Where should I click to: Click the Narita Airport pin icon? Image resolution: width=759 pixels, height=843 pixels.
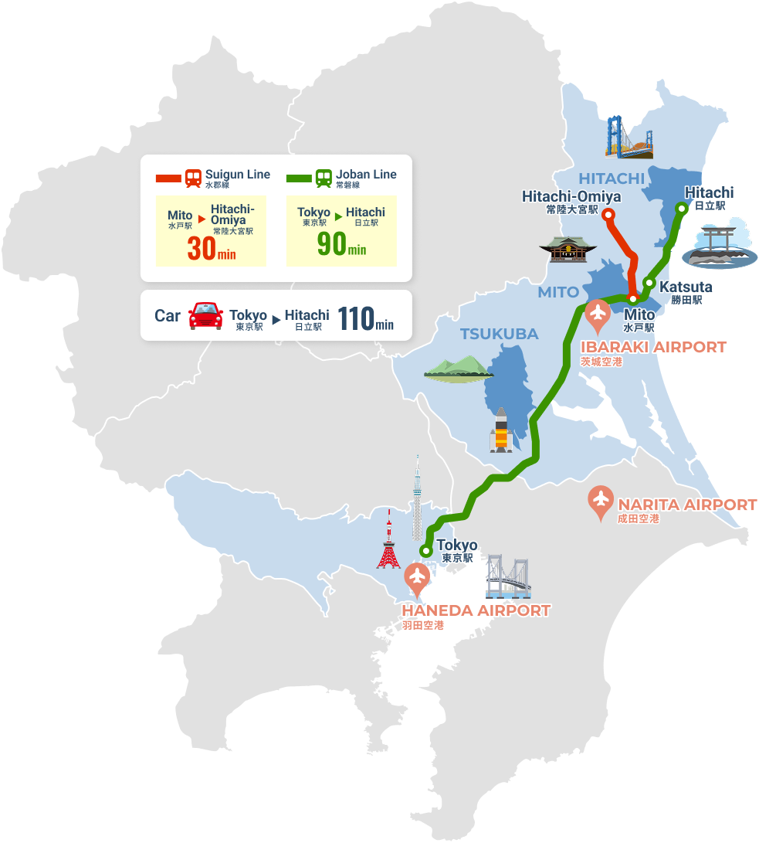[601, 501]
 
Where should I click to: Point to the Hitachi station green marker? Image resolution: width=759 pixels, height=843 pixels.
[681, 207]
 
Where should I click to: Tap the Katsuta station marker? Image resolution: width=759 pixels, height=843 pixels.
[649, 283]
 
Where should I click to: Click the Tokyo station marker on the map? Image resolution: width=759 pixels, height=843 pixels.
[425, 551]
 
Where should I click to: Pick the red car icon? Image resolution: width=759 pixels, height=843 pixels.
[205, 315]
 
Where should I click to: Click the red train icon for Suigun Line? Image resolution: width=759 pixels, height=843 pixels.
[193, 178]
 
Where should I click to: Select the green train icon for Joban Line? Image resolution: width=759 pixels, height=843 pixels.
[324, 178]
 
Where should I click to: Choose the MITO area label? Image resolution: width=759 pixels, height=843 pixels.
[557, 292]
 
